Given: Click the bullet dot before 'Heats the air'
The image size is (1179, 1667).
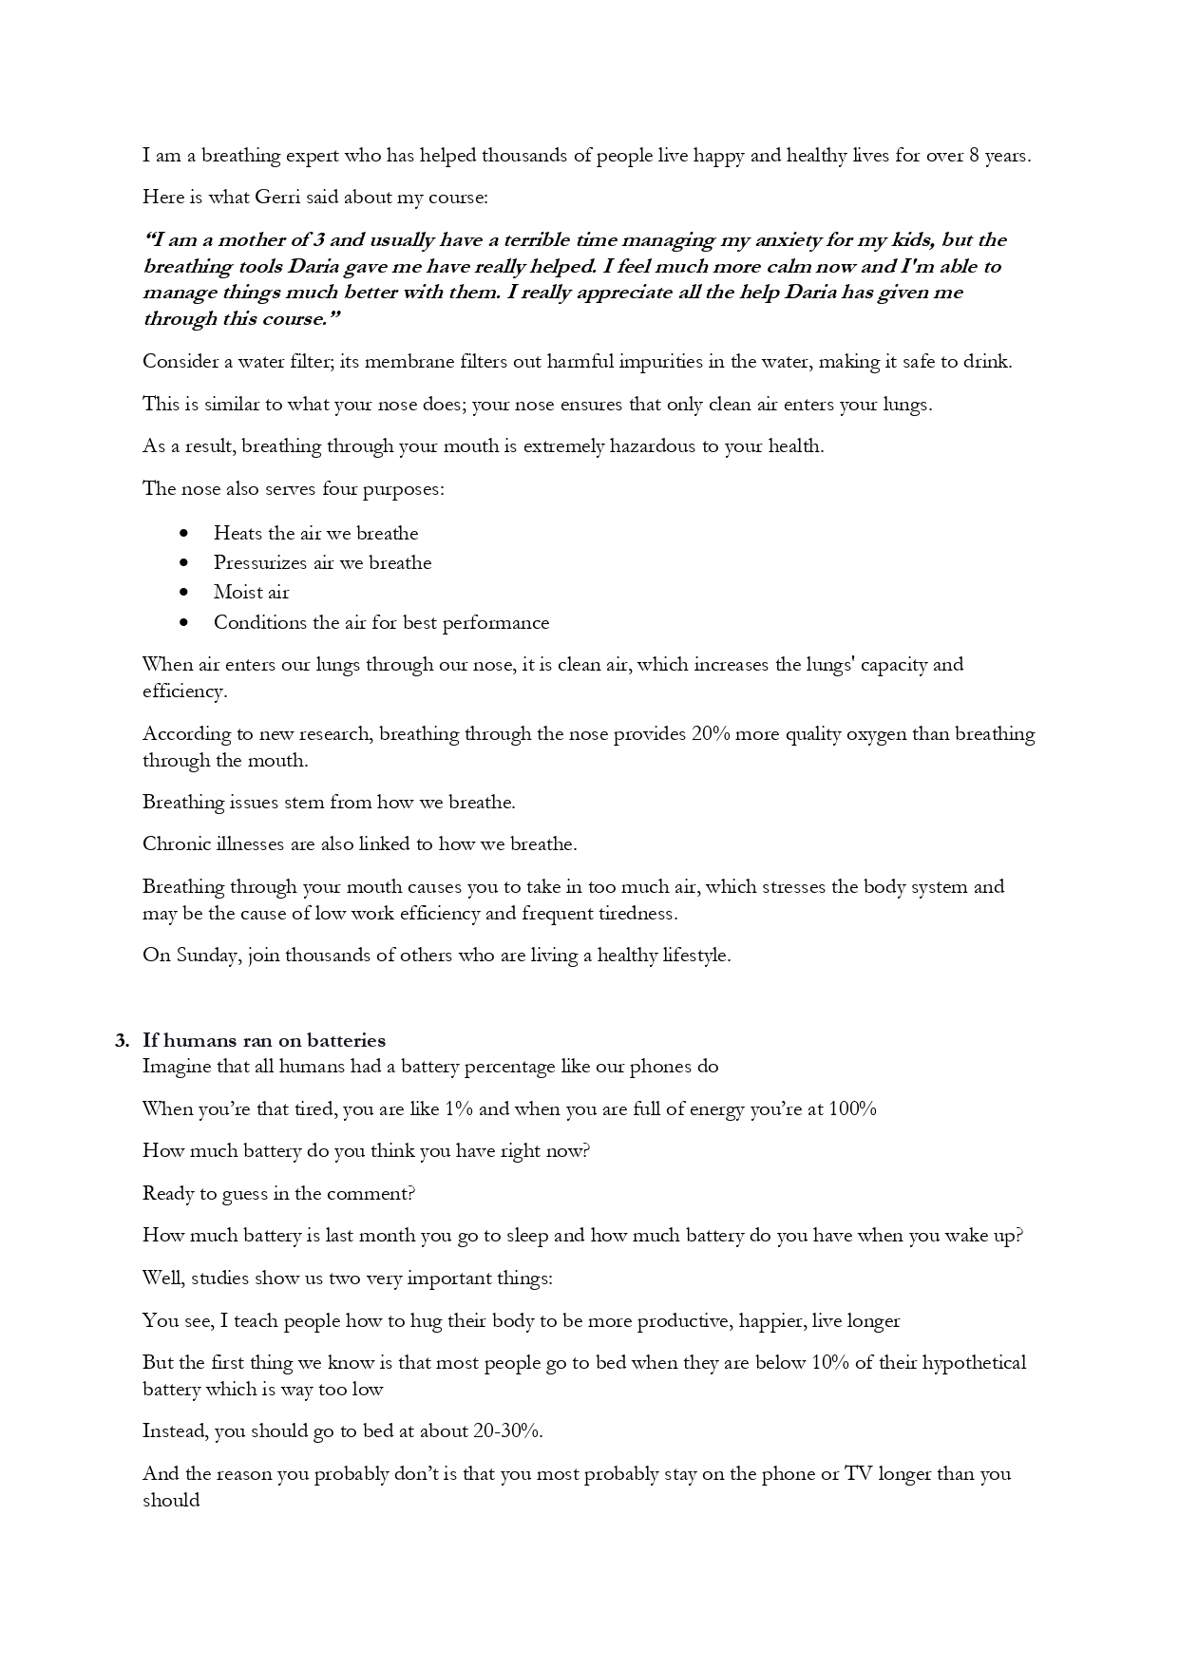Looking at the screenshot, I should [x=183, y=534].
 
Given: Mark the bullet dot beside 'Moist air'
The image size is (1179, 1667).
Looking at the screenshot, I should [x=183, y=593].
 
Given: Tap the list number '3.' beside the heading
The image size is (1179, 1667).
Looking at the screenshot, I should [x=122, y=1041].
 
